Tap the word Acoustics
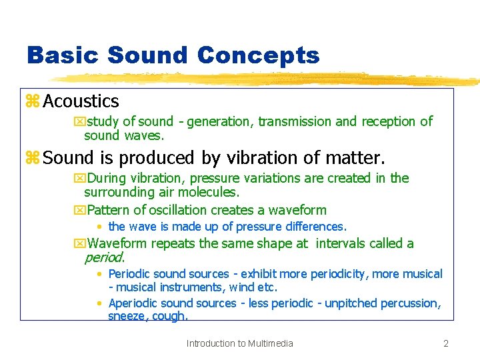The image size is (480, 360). tap(81, 101)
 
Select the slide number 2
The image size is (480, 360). tap(446, 343)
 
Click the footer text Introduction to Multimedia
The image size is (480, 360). tap(239, 343)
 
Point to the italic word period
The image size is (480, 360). tap(104, 257)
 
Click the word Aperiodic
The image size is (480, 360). tap(133, 303)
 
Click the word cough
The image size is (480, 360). tap(171, 316)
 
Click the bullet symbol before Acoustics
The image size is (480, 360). tap(33, 101)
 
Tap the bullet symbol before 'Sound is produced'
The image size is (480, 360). tap(33, 158)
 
